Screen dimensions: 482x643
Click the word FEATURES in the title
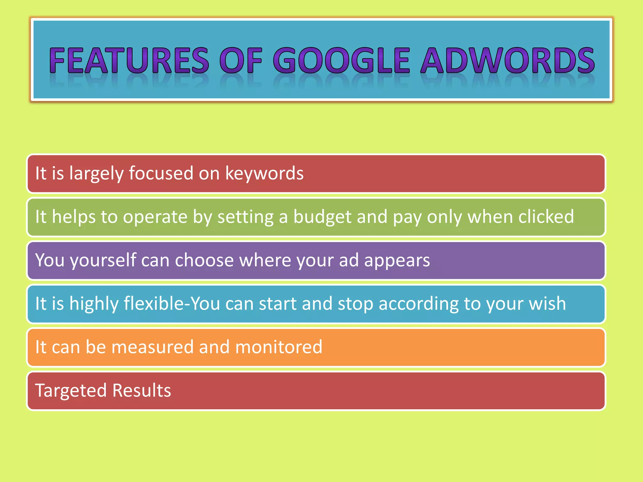pos(129,60)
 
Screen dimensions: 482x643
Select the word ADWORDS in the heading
pos(507,60)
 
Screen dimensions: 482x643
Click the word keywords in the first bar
pos(264,173)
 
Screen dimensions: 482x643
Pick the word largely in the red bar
pos(96,173)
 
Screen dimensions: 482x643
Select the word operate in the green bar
pos(155,217)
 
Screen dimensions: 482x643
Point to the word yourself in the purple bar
pos(103,260)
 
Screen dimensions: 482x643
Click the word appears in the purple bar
pos(397,260)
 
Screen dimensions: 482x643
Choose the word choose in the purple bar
pos(204,260)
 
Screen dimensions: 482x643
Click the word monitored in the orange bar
pos(278,347)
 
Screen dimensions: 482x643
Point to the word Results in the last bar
pos(141,390)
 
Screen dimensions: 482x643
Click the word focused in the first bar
pos(161,173)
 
